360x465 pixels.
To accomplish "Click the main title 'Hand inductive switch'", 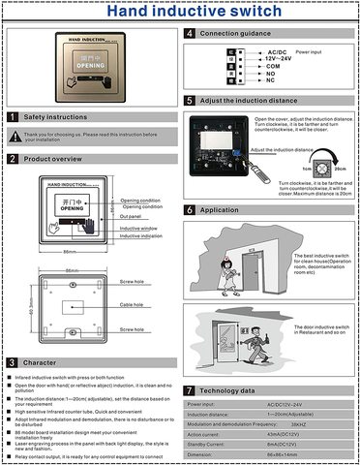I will coord(179,14).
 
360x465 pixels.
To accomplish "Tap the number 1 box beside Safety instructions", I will coord(12,117).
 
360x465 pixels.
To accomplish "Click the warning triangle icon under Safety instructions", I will coord(14,136).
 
